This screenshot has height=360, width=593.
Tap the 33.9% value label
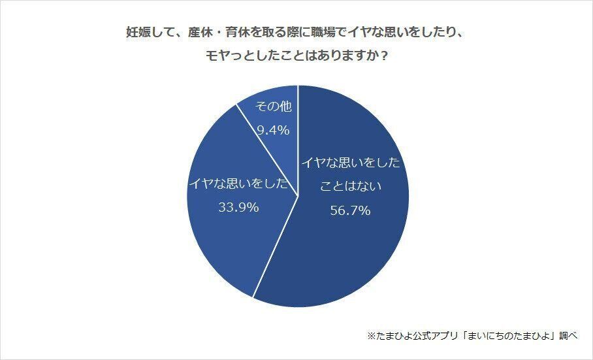point(238,208)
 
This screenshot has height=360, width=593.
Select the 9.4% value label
point(273,130)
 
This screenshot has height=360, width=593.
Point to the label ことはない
point(350,186)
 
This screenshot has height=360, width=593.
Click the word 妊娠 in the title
point(137,31)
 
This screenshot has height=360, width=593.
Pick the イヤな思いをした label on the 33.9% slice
point(238,184)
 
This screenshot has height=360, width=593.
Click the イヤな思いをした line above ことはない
point(350,163)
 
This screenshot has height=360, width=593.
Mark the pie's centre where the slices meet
point(298,196)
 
